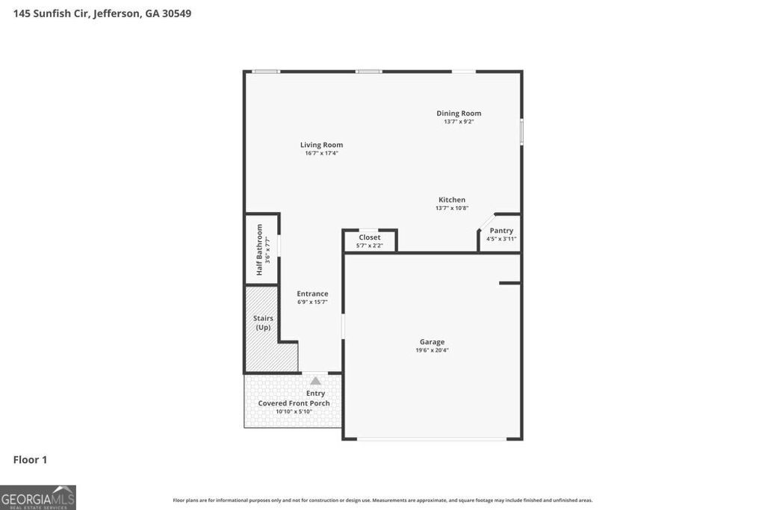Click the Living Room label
(321, 145)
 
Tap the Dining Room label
(459, 113)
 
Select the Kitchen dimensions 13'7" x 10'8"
(451, 208)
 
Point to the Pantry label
(501, 231)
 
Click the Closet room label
(369, 237)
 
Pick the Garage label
(432, 342)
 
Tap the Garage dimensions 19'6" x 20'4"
(432, 350)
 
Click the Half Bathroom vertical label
(259, 249)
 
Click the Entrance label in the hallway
(312, 293)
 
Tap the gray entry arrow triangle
(315, 381)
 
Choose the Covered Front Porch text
(294, 403)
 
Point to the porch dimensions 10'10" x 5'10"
(294, 411)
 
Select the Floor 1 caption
(30, 460)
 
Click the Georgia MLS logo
(38, 497)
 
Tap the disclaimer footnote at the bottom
(382, 500)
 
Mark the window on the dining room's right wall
(521, 131)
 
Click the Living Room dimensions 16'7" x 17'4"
(321, 153)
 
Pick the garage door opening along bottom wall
(432, 439)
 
